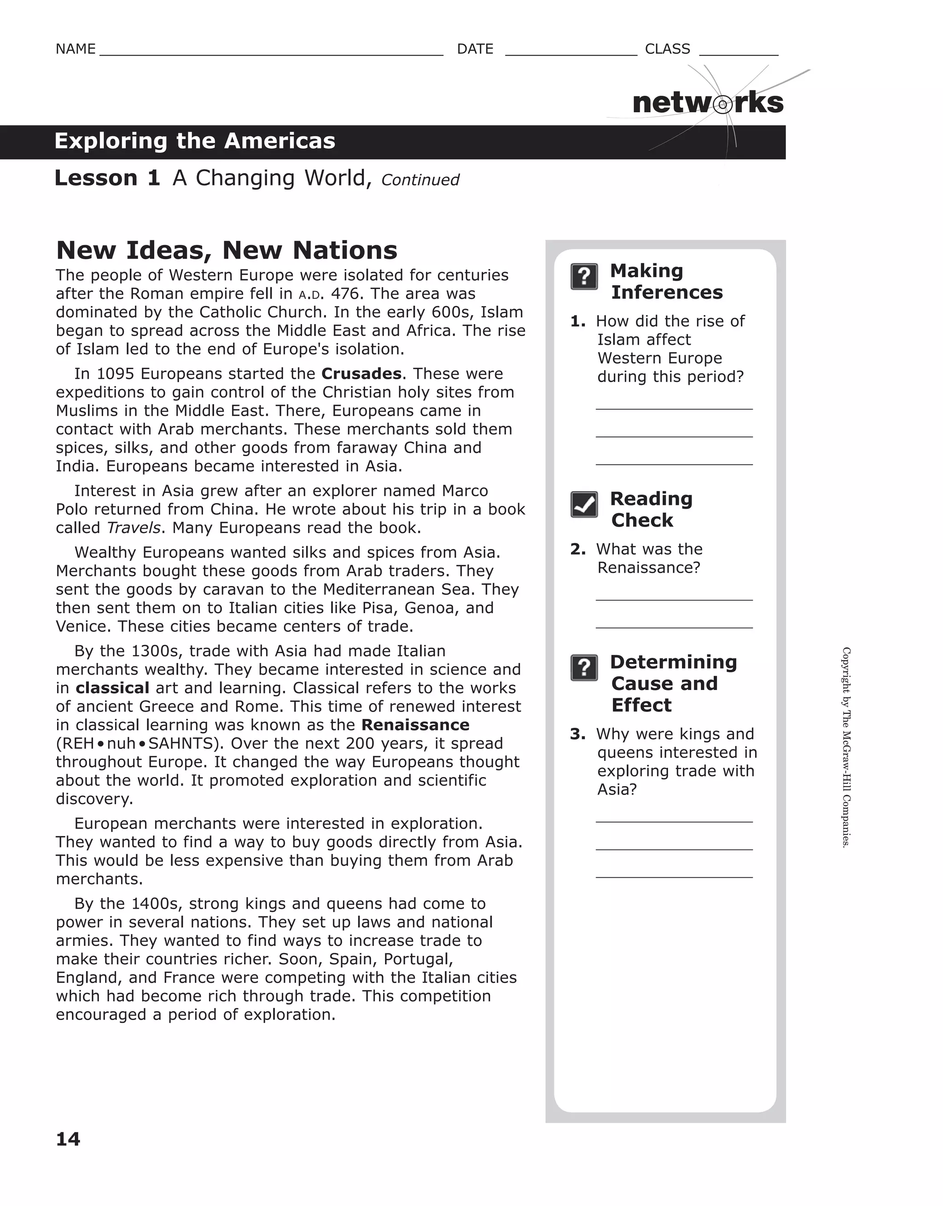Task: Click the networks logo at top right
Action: (708, 103)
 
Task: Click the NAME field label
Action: (76, 49)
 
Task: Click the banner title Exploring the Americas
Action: (195, 141)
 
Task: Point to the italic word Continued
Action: (420, 180)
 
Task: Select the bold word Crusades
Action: (361, 374)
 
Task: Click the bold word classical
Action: (112, 688)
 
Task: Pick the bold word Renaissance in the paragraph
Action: (415, 725)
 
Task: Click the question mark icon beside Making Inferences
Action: (584, 277)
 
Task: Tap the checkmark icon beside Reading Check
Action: (584, 504)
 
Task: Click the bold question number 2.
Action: (577, 550)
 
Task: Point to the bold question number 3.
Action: (577, 735)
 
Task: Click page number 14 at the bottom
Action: (68, 1139)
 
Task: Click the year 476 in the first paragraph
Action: (345, 294)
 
